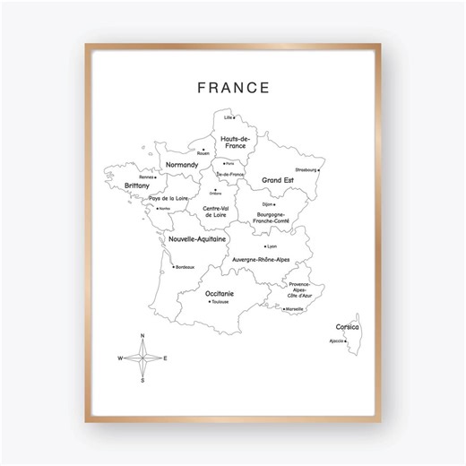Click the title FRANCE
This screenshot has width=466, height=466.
pos(232,88)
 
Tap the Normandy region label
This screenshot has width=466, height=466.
pos(182,166)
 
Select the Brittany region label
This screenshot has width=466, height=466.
pos(137,186)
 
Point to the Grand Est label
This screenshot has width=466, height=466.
pos(278,180)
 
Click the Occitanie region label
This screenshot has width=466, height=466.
pos(220,293)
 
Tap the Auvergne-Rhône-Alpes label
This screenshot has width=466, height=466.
pos(261,260)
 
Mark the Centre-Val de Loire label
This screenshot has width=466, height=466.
pos(214,211)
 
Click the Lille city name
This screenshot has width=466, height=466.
pos(229,117)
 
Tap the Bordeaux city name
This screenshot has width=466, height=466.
pos(185,267)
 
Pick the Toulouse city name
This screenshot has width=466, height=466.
pos(220,302)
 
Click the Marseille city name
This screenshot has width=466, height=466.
pos(295,309)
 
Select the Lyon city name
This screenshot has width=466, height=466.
pos(272,246)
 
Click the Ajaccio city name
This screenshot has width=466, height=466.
pos(336,341)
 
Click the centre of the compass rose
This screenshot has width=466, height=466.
pos(142,358)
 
